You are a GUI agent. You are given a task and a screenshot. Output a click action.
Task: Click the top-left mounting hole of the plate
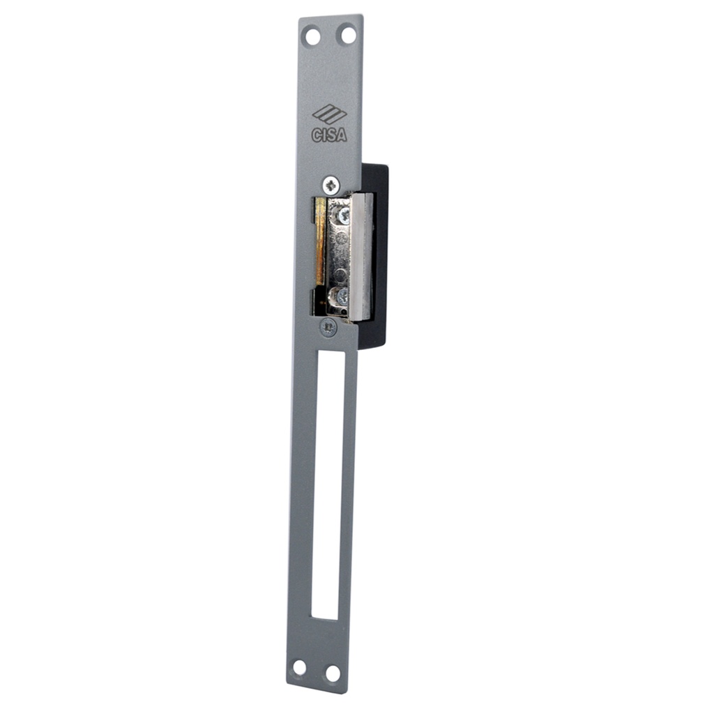pyautogui.click(x=313, y=35)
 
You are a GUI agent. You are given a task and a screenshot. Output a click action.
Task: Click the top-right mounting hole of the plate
pyautogui.click(x=347, y=33)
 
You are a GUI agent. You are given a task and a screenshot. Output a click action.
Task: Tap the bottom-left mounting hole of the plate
pyautogui.click(x=299, y=667)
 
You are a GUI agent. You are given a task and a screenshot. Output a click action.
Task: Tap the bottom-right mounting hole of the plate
pyautogui.click(x=333, y=674)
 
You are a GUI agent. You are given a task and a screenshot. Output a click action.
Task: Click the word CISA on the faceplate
pyautogui.click(x=328, y=135)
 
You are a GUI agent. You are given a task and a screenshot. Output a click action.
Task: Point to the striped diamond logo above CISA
pyautogui.click(x=329, y=114)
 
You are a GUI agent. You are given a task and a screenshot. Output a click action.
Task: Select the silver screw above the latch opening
pyautogui.click(x=331, y=185)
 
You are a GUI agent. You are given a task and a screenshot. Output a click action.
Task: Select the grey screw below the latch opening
pyautogui.click(x=328, y=326)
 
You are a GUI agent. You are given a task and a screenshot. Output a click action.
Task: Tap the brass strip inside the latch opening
pyautogui.click(x=320, y=241)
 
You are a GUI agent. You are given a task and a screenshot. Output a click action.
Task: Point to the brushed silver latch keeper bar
pyautogui.click(x=364, y=255)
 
